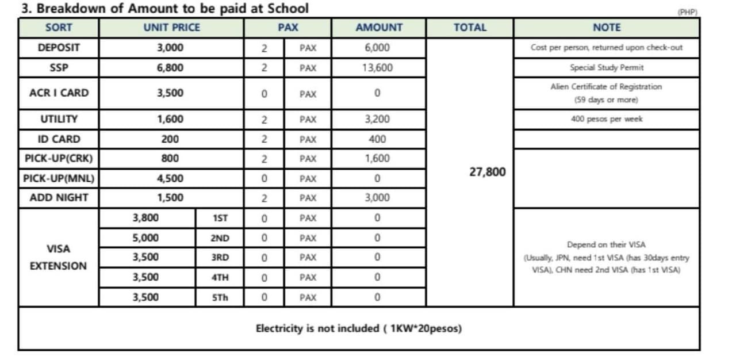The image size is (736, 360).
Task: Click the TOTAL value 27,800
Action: pyautogui.click(x=488, y=172)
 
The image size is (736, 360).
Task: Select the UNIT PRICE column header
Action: pyautogui.click(x=172, y=28)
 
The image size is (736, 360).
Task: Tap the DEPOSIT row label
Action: pyautogui.click(x=59, y=48)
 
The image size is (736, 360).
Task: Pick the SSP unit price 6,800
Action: pyautogui.click(x=170, y=68)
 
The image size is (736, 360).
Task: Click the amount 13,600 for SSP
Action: pyautogui.click(x=377, y=68)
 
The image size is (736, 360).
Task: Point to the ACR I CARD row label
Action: pyautogui.click(x=59, y=93)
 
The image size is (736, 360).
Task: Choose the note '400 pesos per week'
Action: pyautogui.click(x=607, y=119)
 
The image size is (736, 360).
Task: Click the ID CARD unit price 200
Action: pyautogui.click(x=170, y=139)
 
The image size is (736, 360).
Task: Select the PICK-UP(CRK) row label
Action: pyautogui.click(x=59, y=158)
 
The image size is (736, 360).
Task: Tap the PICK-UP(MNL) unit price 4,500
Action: pyautogui.click(x=170, y=178)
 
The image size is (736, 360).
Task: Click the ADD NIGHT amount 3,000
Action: pyautogui.click(x=377, y=198)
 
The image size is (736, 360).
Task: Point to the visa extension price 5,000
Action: pyautogui.click(x=145, y=238)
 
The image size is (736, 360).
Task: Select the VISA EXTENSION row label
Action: pyautogui.click(x=59, y=258)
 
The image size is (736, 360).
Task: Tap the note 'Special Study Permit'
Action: pyautogui.click(x=607, y=68)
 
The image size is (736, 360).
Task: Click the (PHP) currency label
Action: pyautogui.click(x=688, y=12)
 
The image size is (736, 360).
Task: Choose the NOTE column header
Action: pyautogui.click(x=607, y=28)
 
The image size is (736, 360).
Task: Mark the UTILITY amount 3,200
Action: pyautogui.click(x=377, y=119)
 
